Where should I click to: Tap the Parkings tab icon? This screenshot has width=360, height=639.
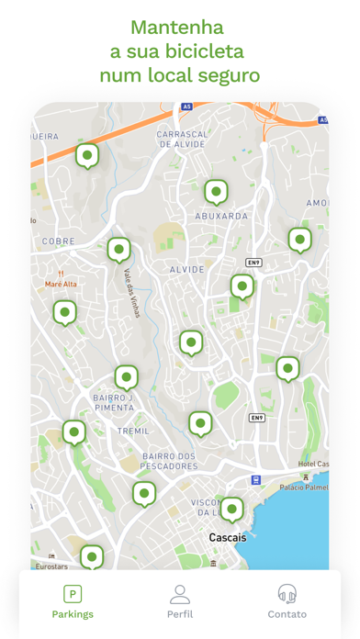coord(73,594)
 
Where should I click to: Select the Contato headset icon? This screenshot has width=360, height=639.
coord(287,594)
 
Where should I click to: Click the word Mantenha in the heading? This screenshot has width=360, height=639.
coord(178,27)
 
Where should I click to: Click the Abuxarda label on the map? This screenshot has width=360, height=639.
coord(221,216)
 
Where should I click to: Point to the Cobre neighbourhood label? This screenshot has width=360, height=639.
coord(58,241)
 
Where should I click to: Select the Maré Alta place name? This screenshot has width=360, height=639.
coord(62,285)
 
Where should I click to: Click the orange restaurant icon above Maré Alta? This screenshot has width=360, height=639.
coord(62,273)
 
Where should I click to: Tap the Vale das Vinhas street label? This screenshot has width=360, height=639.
coord(129,292)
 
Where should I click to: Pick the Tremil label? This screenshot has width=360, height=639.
coord(133,431)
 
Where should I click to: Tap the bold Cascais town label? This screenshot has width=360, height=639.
coord(228,537)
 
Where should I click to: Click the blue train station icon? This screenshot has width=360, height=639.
coord(256,480)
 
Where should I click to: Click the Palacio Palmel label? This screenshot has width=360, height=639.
coord(304,487)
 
